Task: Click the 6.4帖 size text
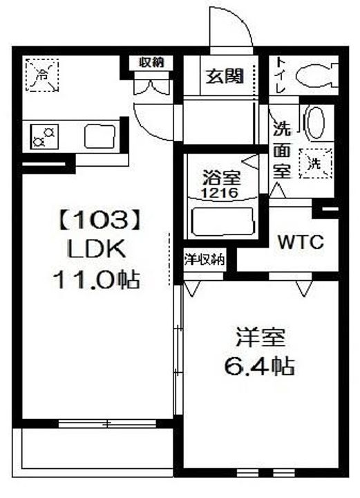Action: [x=258, y=366]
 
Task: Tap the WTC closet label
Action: [x=301, y=242]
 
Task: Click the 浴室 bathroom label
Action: [x=220, y=177]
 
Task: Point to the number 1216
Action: [x=220, y=194]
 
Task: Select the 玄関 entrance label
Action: [x=223, y=76]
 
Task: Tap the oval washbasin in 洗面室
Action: [x=314, y=124]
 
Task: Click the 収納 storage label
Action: [x=152, y=62]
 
